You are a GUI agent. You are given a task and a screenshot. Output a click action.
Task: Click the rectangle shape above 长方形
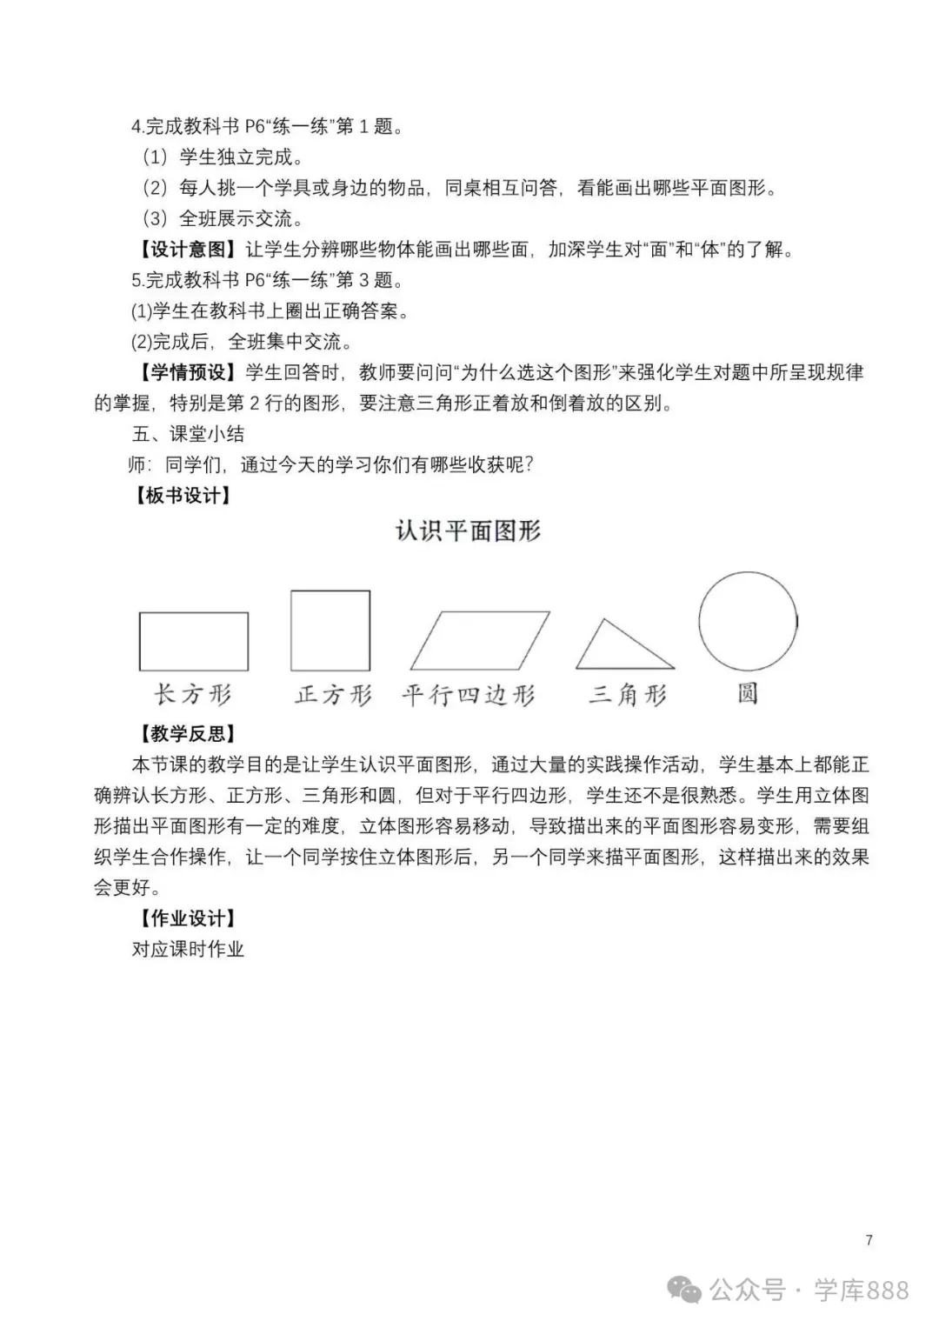193,641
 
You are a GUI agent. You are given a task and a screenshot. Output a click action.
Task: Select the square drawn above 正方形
330,631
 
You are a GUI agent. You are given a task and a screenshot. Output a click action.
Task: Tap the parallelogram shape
480,640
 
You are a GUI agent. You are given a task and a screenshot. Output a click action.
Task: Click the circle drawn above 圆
748,621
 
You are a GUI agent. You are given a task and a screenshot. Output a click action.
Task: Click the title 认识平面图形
469,531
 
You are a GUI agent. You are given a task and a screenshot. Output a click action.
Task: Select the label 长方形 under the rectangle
193,695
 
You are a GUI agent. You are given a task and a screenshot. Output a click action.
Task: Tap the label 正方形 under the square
333,695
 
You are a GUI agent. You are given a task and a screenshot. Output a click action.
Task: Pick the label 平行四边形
469,695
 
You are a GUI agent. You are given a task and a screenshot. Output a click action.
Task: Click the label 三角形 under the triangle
627,695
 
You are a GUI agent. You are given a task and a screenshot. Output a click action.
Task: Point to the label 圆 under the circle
748,693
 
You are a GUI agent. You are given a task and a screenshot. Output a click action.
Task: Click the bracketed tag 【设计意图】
187,250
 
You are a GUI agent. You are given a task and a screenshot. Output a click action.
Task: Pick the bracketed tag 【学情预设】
187,372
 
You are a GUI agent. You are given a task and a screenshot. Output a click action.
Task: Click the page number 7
869,1240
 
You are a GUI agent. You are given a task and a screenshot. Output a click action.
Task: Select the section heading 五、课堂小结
188,434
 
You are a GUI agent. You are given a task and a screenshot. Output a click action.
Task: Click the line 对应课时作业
188,949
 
